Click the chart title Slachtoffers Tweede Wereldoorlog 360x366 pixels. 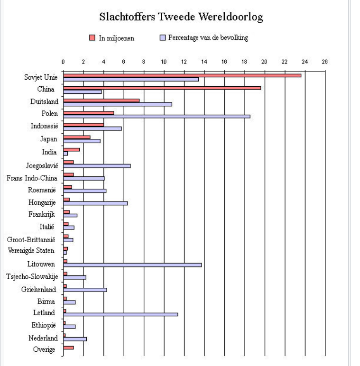(x=181, y=18)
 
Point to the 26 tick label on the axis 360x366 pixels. (x=325, y=62)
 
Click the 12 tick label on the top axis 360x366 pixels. (x=184, y=62)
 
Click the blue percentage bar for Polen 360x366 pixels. (x=157, y=116)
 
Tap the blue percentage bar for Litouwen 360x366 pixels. (x=132, y=265)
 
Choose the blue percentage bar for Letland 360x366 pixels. (x=120, y=314)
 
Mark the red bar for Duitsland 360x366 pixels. (x=101, y=100)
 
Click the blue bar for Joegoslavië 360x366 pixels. (x=97, y=165)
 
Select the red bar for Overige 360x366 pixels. (x=68, y=348)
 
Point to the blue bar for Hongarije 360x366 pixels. (x=95, y=203)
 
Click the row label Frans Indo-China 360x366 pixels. (x=32, y=178)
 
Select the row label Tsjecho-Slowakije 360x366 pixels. (x=32, y=277)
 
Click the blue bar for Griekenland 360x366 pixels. (x=85, y=289)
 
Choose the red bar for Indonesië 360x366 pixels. (x=83, y=125)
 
